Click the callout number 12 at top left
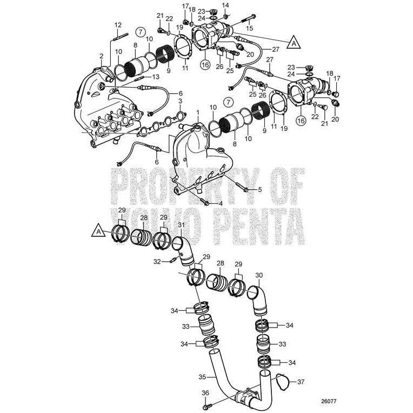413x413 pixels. click(118, 25)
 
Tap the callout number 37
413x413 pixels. click(301, 382)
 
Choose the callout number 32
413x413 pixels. click(157, 261)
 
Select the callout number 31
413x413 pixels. click(181, 225)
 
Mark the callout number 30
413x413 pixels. click(259, 275)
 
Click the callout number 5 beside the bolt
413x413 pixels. click(259, 189)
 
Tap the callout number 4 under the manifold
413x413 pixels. click(220, 203)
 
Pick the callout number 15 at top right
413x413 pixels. click(249, 27)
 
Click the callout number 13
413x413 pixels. click(155, 77)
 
